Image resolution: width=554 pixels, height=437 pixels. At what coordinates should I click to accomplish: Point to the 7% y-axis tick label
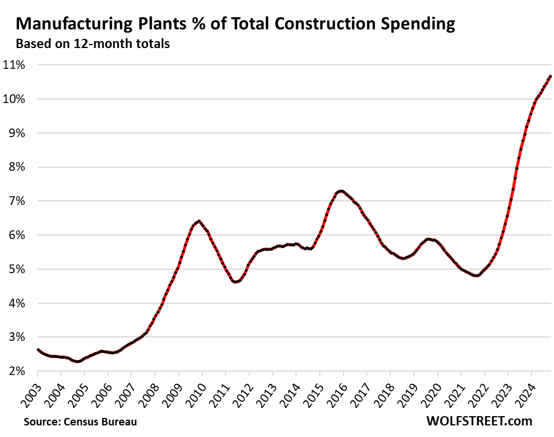[x=16, y=201]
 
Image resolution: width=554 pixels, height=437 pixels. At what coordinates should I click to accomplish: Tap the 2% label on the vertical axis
[x=16, y=371]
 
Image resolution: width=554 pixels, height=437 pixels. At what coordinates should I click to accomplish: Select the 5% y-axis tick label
[x=16, y=269]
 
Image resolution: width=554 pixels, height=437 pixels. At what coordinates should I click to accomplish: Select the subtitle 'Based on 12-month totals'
[x=93, y=43]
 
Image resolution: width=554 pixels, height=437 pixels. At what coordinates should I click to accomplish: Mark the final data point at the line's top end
[x=550, y=76]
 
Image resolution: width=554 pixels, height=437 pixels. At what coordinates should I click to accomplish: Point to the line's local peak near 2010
[x=199, y=221]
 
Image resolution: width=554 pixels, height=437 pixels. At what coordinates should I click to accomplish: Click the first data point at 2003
[x=38, y=350]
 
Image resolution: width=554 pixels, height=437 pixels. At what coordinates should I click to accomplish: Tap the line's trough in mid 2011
[x=235, y=282]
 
